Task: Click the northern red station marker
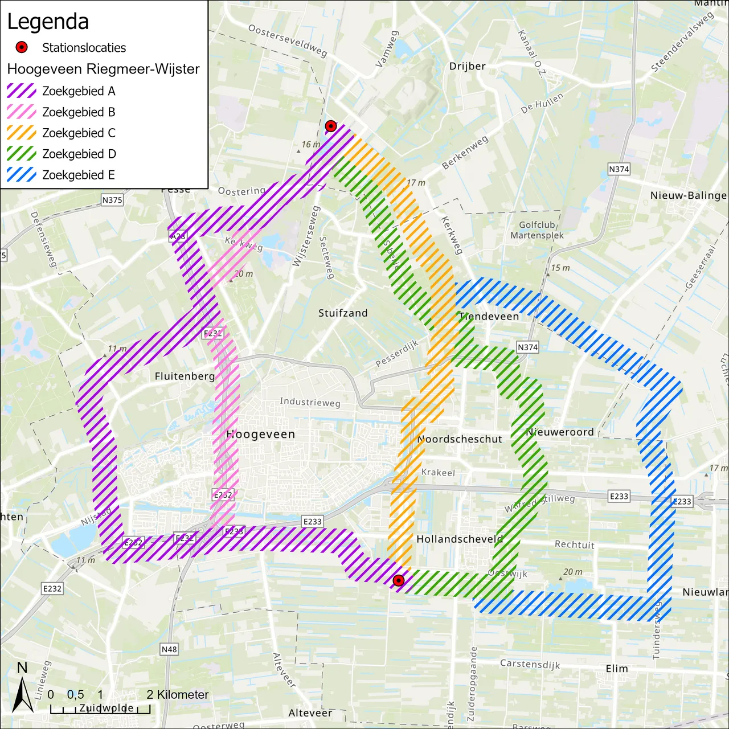point(330,126)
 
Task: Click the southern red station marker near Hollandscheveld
point(399,580)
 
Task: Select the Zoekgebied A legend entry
point(79,91)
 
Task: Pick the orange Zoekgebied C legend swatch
point(22,133)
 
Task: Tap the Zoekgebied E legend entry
point(79,175)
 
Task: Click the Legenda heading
point(48,22)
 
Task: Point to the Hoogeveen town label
point(261,434)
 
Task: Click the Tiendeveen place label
point(489,316)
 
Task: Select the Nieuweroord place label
point(560,432)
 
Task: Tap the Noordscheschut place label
point(460,439)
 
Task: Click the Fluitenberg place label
point(185,376)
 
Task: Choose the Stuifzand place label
point(343,313)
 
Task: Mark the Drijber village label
point(468,66)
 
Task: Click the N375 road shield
point(112,200)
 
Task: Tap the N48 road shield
point(169,649)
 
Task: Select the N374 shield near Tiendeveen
point(527,347)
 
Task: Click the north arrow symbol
point(23,689)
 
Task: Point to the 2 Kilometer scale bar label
point(178,694)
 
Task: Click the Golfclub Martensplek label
point(537,230)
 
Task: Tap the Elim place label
point(617,669)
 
